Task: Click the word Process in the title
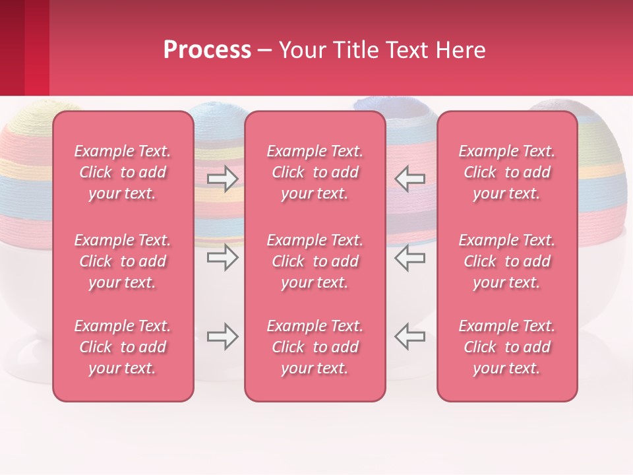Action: click(207, 50)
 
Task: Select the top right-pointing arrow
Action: click(223, 179)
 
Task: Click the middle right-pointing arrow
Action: click(223, 257)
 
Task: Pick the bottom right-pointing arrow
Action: click(223, 336)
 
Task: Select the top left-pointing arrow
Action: click(409, 179)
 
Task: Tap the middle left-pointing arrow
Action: click(409, 257)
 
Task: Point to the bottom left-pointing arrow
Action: click(409, 336)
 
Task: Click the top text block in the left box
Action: click(123, 172)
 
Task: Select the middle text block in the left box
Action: click(123, 261)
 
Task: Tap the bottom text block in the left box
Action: click(123, 347)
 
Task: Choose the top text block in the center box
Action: click(315, 172)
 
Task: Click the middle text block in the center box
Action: click(315, 261)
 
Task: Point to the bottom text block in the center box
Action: click(315, 347)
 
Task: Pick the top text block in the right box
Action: click(506, 172)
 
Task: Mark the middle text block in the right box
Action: click(506, 261)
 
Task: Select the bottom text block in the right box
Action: click(506, 347)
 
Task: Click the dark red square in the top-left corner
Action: click(12, 47)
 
